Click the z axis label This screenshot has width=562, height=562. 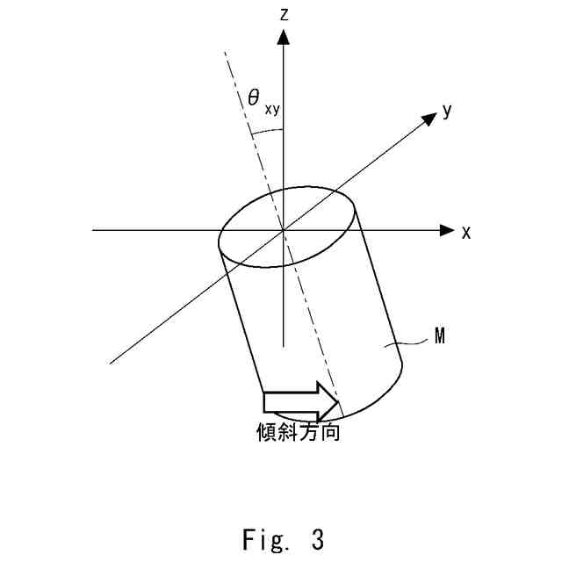point(283,13)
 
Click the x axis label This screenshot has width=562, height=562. point(467,232)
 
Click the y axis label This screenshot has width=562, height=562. point(447,110)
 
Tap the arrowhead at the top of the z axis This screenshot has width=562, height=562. point(283,35)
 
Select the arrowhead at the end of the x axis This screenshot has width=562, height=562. point(446,230)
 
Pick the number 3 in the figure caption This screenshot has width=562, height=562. point(317,537)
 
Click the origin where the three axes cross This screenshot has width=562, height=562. point(283,230)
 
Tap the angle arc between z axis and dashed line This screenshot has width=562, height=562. point(267,132)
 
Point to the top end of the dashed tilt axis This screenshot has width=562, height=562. point(226,51)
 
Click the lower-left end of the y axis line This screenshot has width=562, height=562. point(110,362)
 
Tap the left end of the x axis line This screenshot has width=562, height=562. point(93,230)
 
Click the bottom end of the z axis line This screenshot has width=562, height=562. point(283,348)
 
